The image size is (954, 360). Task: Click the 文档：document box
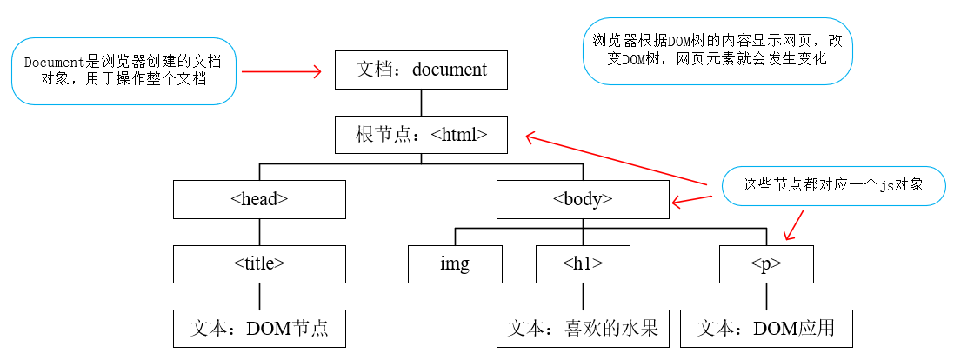point(421,70)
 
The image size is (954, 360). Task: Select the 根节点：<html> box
point(421,135)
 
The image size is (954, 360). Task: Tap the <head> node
point(259,199)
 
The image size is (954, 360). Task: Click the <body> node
point(583,199)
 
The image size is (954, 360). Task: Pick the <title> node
point(259,263)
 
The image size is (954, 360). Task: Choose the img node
point(455,263)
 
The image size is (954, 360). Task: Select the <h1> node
point(583,263)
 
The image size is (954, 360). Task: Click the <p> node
point(766,263)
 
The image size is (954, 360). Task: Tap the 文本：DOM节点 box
point(259,329)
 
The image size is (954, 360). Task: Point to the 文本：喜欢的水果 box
point(583,329)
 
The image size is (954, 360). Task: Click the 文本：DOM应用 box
point(766,329)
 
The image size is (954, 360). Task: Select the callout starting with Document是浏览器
point(123,72)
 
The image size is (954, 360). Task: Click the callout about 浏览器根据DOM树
point(717,51)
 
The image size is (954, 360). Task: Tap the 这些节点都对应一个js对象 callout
point(833,185)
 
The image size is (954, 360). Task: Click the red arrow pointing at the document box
point(281,72)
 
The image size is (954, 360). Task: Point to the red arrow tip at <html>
point(528,136)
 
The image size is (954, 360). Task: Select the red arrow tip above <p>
point(787,238)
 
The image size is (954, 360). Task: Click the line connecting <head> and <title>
point(259,231)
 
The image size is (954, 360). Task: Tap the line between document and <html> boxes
point(421,103)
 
